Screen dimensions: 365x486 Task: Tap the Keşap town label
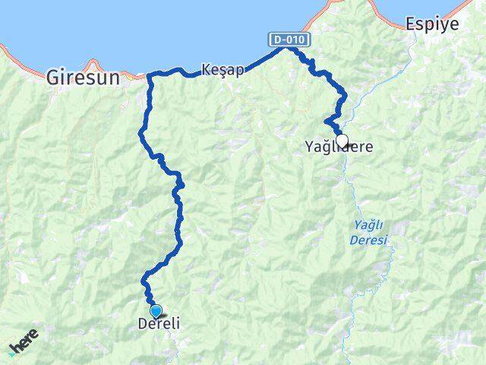(223, 70)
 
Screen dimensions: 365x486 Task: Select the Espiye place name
(433, 24)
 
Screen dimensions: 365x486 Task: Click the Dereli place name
(159, 323)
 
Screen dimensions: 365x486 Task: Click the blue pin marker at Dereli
(156, 311)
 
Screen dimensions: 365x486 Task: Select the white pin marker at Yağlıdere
(342, 141)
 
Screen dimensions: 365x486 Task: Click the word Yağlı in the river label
(370, 225)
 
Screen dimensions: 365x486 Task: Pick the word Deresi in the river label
(369, 240)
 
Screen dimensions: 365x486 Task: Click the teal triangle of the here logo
(11, 351)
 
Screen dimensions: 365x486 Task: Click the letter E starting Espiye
(411, 24)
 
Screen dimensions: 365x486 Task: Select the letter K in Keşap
(206, 70)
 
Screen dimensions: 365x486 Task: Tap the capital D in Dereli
(142, 323)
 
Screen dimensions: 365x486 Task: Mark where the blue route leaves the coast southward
(150, 77)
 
